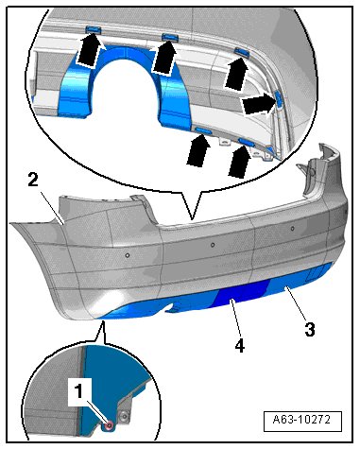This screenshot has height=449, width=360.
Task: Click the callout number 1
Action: pos(77,391)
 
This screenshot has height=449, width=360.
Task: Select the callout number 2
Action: pos(33,181)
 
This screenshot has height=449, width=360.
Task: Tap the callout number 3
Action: pos(310,330)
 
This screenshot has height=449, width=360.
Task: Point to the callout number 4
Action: pos(240,346)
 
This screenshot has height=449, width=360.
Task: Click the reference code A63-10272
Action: pos(301,420)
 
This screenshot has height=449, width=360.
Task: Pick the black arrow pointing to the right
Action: pos(258,104)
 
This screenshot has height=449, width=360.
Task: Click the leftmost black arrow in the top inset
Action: pos(89,50)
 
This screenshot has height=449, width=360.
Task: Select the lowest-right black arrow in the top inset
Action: pos(240,161)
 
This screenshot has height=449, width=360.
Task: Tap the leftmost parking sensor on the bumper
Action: pos(128,255)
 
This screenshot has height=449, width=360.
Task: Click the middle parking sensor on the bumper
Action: pos(213,245)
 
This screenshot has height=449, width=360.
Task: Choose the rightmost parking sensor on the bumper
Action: pos(292,228)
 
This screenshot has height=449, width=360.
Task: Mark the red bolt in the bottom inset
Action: pos(110,425)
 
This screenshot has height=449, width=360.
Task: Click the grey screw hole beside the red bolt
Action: pos(125,417)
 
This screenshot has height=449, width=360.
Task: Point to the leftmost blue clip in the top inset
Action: pos(93,29)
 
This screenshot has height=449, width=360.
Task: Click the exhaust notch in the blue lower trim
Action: pos(173,308)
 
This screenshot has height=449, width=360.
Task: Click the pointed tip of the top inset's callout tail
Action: pos(192,218)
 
